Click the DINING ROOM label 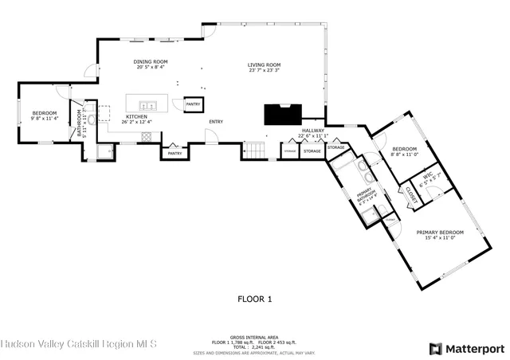150,62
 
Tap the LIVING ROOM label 264,65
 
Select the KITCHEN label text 135,117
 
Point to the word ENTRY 216,122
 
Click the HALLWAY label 312,131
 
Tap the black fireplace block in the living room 284,115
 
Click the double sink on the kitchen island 147,104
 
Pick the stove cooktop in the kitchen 146,136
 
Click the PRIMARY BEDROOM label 440,232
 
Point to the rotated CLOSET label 411,194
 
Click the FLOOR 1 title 255,299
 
